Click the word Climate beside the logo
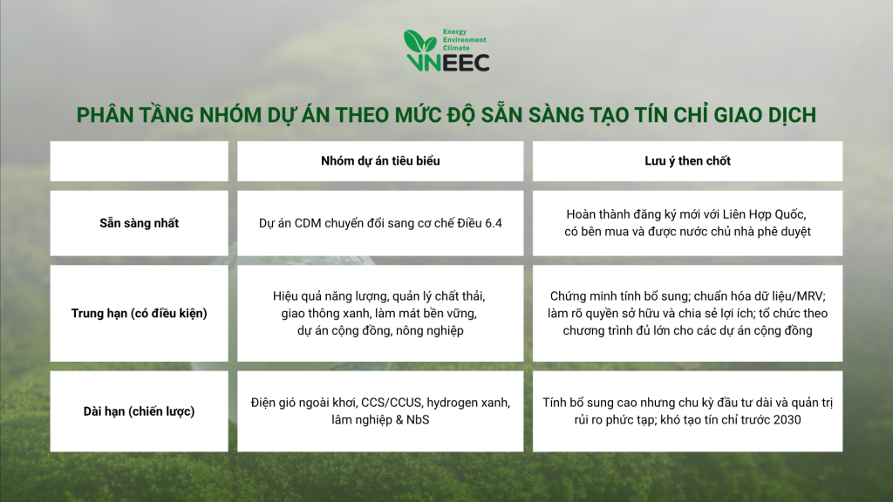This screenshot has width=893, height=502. click(456, 48)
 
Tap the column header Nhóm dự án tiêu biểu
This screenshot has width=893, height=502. click(380, 161)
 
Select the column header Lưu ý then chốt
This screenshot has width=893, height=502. click(687, 161)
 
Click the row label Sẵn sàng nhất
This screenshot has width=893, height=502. click(139, 223)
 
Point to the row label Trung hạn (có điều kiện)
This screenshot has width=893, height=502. click(139, 313)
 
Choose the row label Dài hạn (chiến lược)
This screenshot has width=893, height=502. click(139, 411)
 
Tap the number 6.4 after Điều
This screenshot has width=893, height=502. click(493, 223)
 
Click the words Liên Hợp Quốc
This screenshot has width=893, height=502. click(764, 214)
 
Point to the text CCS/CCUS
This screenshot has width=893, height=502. click(392, 403)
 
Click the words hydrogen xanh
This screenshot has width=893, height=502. click(468, 403)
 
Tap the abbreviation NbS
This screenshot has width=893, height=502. click(418, 420)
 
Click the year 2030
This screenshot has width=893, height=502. click(786, 420)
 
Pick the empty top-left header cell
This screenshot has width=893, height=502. click(139, 161)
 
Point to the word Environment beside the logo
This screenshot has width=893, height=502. click(465, 40)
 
